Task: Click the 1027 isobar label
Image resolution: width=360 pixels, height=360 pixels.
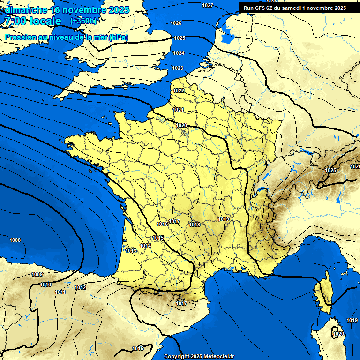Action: [207, 5]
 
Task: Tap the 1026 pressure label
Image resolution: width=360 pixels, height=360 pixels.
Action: [176, 23]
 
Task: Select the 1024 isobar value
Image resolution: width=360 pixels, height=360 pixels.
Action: [178, 53]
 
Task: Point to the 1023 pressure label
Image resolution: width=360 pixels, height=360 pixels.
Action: [177, 68]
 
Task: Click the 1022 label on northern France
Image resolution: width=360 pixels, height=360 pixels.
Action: [178, 90]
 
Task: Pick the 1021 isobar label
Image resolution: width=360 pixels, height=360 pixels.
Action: [178, 110]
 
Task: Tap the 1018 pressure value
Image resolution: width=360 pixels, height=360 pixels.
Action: [195, 225]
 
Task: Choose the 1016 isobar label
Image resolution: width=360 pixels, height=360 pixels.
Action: [162, 225]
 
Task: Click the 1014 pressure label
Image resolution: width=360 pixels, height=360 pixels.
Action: [145, 246]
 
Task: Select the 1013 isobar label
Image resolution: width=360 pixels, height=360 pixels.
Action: [131, 251]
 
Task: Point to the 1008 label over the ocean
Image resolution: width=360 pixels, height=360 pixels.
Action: [15, 240]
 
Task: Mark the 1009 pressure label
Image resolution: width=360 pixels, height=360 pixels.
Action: [37, 274]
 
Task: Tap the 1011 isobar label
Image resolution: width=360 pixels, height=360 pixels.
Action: [60, 292]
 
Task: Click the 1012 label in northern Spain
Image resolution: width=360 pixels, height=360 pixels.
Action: [80, 287]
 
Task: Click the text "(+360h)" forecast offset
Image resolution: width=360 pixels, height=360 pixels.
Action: [83, 21]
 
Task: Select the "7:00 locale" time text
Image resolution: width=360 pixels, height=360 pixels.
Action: [32, 21]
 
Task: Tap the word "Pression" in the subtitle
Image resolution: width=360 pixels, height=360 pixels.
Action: [19, 37]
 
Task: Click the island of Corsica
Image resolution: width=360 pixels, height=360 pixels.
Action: [323, 293]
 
